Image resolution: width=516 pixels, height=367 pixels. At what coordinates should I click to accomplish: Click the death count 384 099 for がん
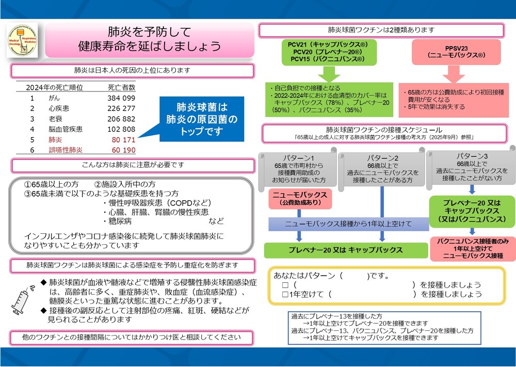pyautogui.click(x=121, y=98)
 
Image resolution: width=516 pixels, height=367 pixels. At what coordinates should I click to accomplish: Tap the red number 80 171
pyautogui.click(x=121, y=140)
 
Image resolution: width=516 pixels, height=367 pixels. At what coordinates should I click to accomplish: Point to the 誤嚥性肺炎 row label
pyautogui.click(x=66, y=150)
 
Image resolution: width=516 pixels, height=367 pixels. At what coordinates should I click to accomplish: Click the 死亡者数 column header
pyautogui.click(x=121, y=87)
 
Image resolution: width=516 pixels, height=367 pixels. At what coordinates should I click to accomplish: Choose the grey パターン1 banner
pyautogui.click(x=298, y=169)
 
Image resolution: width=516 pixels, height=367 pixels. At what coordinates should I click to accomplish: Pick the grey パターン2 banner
pyautogui.click(x=382, y=169)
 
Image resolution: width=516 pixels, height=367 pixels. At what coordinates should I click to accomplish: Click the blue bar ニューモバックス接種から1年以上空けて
pyautogui.click(x=348, y=224)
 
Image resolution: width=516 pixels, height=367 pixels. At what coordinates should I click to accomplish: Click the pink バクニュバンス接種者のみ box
pyautogui.click(x=472, y=248)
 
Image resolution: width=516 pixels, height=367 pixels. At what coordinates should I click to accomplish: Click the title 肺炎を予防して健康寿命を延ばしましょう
pyautogui.click(x=150, y=39)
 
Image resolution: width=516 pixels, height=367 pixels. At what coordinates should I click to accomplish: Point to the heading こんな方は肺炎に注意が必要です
pyautogui.click(x=133, y=165)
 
